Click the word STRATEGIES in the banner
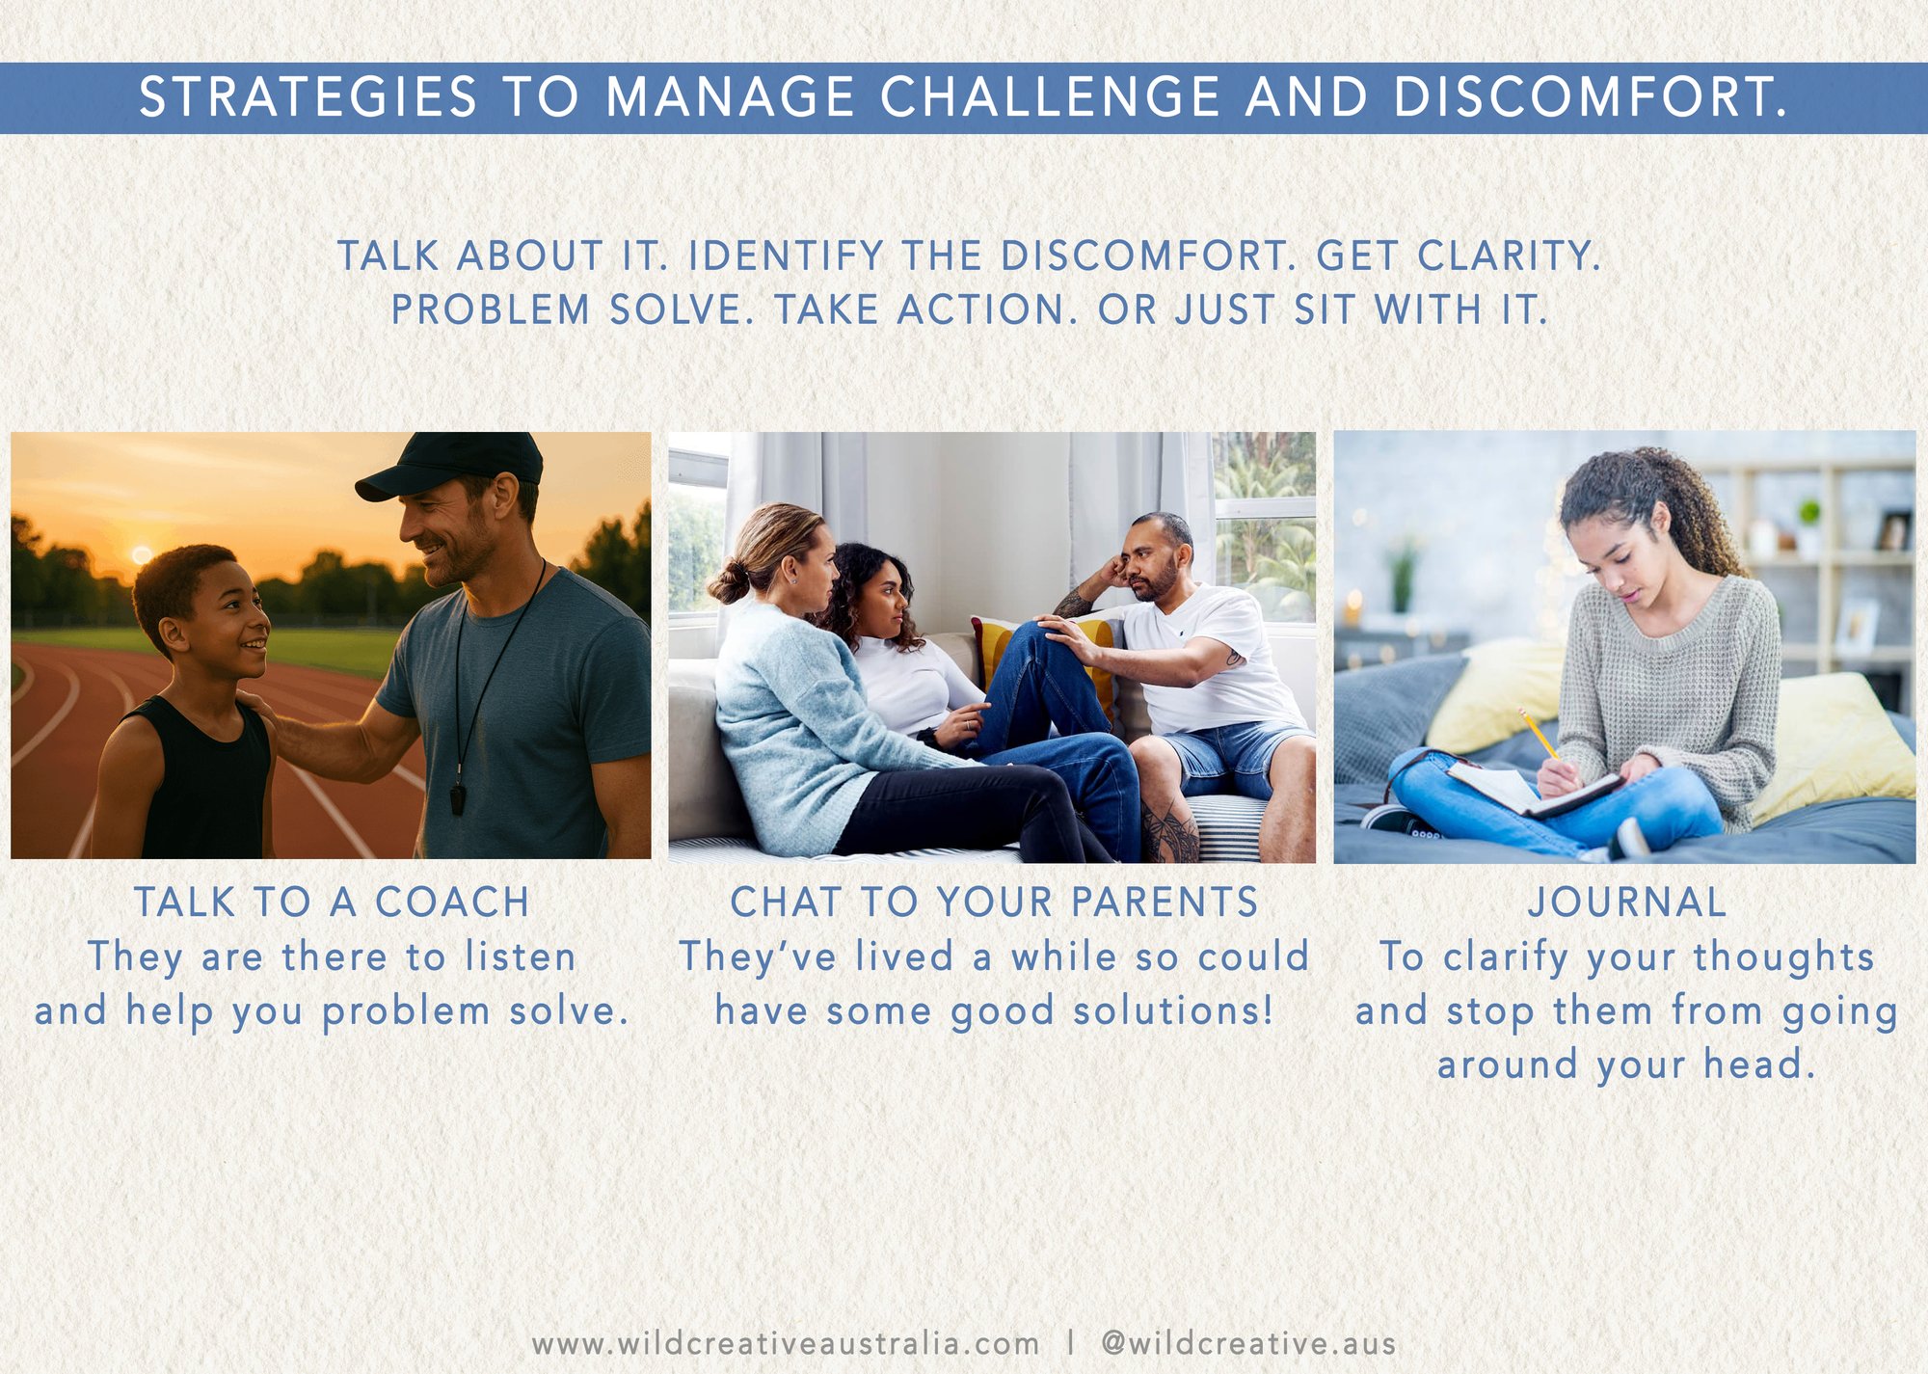pyautogui.click(x=308, y=97)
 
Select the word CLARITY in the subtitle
pyautogui.click(x=1509, y=256)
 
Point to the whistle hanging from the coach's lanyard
pyautogui.click(x=458, y=799)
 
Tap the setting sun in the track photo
pyautogui.click(x=142, y=554)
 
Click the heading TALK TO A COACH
pyautogui.click(x=332, y=903)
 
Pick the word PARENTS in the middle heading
pyautogui.click(x=1165, y=903)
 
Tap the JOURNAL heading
pyautogui.click(x=1627, y=903)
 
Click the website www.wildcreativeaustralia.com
pyautogui.click(x=786, y=1343)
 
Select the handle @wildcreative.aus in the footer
pyautogui.click(x=1248, y=1343)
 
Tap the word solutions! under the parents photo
pyautogui.click(x=1173, y=1010)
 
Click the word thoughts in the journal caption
pyautogui.click(x=1783, y=957)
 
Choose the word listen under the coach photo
pyautogui.click(x=521, y=957)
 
